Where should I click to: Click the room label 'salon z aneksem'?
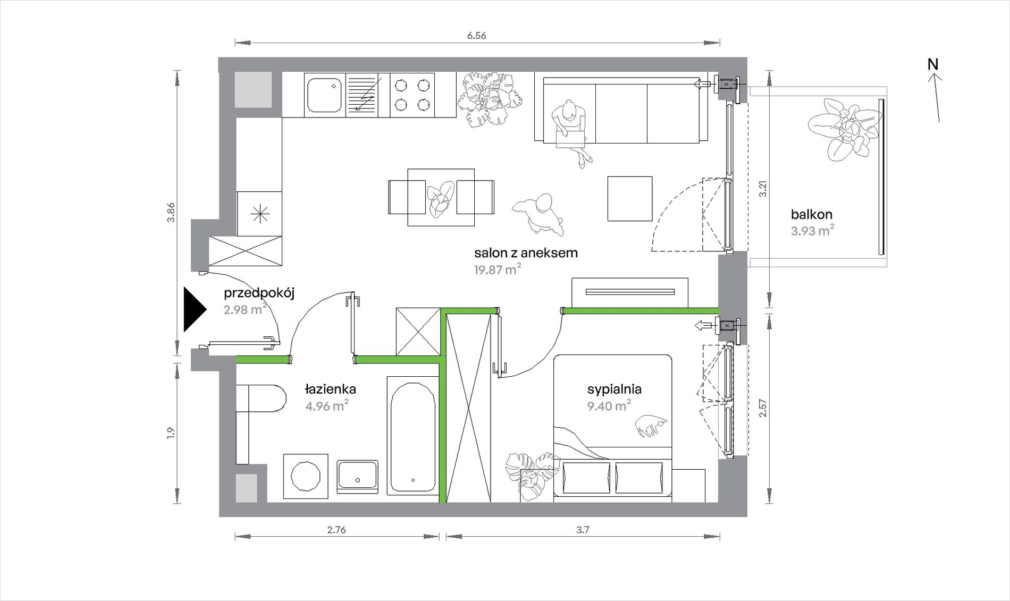pyautogui.click(x=526, y=253)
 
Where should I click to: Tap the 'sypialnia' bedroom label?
pyautogui.click(x=614, y=390)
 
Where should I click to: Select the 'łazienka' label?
pyautogui.click(x=330, y=389)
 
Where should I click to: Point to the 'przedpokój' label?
pyautogui.click(x=259, y=293)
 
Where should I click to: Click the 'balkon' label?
pyautogui.click(x=811, y=215)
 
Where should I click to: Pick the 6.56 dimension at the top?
pyautogui.click(x=476, y=36)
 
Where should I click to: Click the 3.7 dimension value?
pyautogui.click(x=583, y=529)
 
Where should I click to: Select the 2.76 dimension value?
pyautogui.click(x=336, y=529)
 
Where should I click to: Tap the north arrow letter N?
pyautogui.click(x=933, y=64)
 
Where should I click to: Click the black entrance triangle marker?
pyautogui.click(x=193, y=310)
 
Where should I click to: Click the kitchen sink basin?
pyautogui.click(x=324, y=95)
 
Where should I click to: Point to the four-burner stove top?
pyautogui.click(x=412, y=95)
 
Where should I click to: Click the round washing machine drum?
pyautogui.click(x=306, y=476)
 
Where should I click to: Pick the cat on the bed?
pyautogui.click(x=651, y=425)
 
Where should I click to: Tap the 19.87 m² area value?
pyautogui.click(x=498, y=269)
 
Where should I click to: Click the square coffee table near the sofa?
pyautogui.click(x=630, y=199)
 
